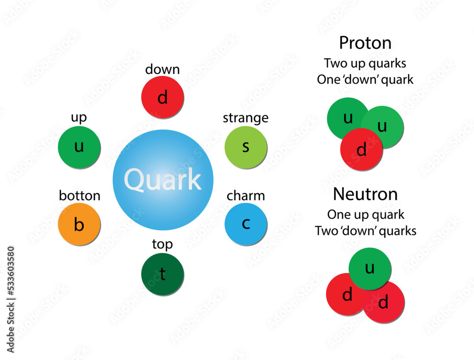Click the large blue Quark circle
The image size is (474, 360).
click(x=163, y=180)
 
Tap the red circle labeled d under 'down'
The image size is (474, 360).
click(x=163, y=97)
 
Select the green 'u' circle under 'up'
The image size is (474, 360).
click(x=79, y=147)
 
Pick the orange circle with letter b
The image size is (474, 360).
click(x=79, y=224)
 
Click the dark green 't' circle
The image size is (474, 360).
click(x=163, y=275)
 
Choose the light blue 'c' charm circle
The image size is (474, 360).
click(x=246, y=224)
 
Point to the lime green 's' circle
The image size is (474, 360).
click(x=246, y=147)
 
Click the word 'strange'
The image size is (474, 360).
click(x=246, y=118)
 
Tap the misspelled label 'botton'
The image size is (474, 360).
click(x=80, y=195)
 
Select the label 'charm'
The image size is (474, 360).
click(x=246, y=195)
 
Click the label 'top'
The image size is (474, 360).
click(x=162, y=244)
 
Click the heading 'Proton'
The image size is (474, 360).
click(x=365, y=43)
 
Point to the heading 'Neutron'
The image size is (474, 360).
click(x=365, y=194)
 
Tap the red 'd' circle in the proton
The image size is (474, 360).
click(x=361, y=150)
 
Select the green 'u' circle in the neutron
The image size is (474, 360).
click(x=370, y=268)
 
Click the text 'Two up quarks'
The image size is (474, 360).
click(x=365, y=63)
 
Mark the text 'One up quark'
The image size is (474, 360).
click(x=365, y=214)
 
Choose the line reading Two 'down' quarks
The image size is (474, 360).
click(x=365, y=231)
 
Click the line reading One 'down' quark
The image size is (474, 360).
click(x=365, y=79)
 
